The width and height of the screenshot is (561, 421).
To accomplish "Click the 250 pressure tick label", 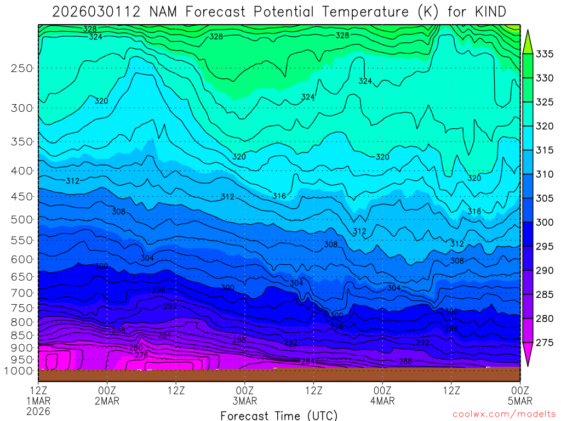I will click(21, 68).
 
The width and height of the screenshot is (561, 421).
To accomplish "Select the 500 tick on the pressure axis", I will click(21, 219).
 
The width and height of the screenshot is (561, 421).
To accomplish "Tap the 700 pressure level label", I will click(21, 292).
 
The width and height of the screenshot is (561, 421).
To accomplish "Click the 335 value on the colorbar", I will click(545, 54).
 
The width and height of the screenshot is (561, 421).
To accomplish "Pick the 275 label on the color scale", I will click(545, 343).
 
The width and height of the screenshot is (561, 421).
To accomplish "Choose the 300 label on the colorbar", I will click(545, 222).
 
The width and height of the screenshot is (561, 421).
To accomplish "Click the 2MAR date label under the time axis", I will click(107, 401).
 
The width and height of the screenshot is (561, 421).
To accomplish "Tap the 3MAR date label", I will click(244, 401).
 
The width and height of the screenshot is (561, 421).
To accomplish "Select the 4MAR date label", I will click(382, 401).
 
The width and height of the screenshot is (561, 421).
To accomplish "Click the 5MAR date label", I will click(519, 401).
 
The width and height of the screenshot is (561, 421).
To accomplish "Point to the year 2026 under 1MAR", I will click(38, 411).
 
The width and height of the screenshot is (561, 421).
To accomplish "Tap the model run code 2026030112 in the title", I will click(96, 12).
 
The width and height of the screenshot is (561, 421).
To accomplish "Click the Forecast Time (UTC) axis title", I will click(279, 415).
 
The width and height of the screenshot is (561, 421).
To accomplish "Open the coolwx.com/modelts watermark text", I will click(503, 414).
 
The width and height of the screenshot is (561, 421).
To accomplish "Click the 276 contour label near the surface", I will click(141, 355).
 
